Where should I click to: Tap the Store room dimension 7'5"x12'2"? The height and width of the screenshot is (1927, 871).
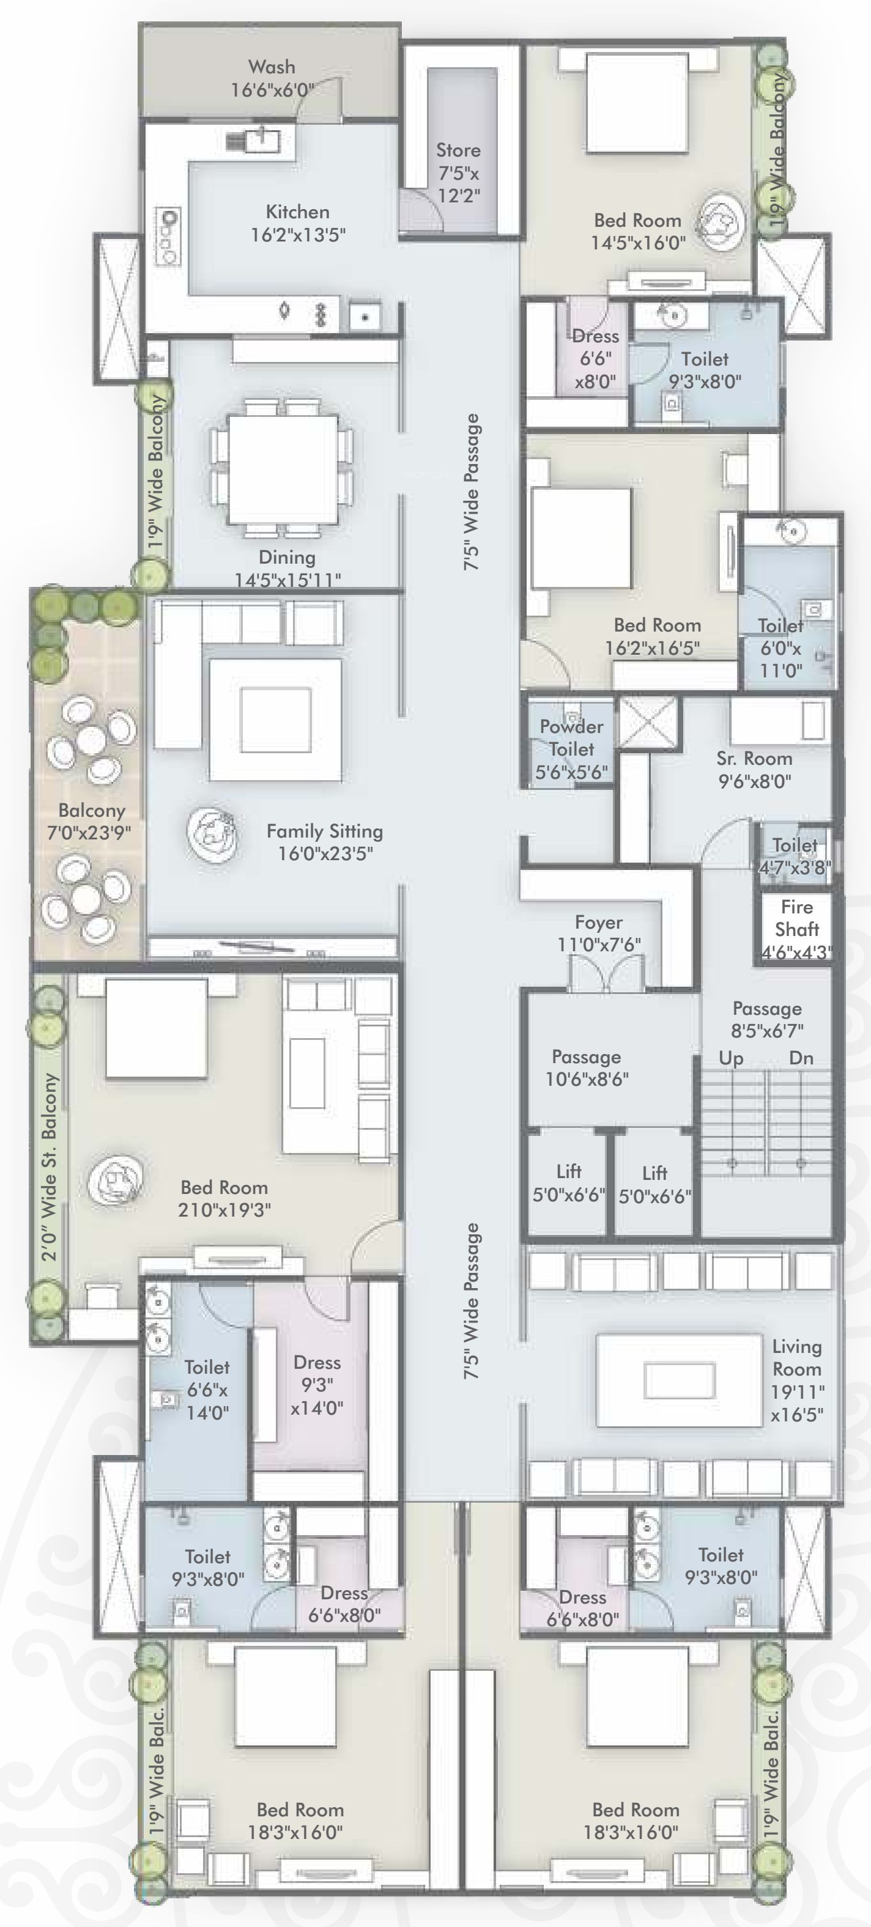[459, 185]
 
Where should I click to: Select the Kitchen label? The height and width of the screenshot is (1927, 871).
[298, 212]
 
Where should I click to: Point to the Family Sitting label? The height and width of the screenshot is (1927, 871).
[325, 831]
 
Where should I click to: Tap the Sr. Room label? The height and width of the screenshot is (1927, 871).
[754, 759]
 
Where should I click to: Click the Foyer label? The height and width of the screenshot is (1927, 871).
[599, 923]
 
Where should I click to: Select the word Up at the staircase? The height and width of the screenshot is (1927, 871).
[731, 1058]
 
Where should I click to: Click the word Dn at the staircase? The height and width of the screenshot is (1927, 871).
[801, 1058]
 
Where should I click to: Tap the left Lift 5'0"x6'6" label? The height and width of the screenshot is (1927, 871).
[569, 1183]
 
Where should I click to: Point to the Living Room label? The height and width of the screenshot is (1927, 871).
[797, 1358]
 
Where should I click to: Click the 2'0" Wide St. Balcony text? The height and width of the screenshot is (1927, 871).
[50, 1168]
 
